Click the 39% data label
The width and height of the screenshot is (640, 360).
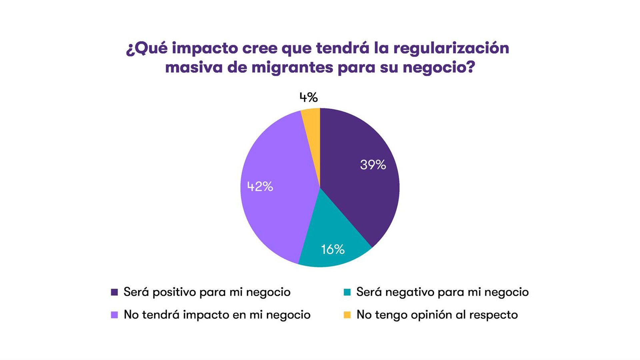coord(373,165)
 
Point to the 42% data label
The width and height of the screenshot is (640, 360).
coord(260,186)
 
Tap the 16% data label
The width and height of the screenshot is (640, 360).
coord(333,249)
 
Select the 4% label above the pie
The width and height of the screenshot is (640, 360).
coord(308,97)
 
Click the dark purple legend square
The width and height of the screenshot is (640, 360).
coord(114,292)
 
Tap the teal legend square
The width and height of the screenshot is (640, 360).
coord(347,292)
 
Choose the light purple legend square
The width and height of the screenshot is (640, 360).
coord(114,315)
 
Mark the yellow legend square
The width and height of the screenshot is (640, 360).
coord(347,315)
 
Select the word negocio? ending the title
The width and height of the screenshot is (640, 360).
coord(439,68)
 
